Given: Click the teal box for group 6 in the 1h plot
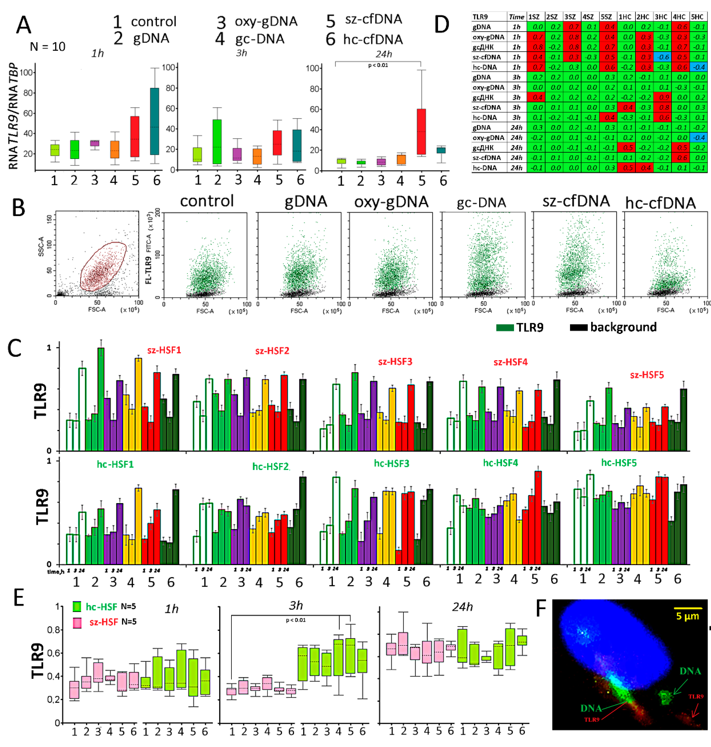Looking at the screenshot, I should [x=154, y=121].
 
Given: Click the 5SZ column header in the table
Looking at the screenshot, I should [x=606, y=17].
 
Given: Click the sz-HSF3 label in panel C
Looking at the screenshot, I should [x=395, y=361].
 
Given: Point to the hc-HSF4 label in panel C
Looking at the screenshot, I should [x=500, y=463].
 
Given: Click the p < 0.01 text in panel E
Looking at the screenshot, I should [x=296, y=620].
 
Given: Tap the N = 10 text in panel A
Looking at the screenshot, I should [x=47, y=47].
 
